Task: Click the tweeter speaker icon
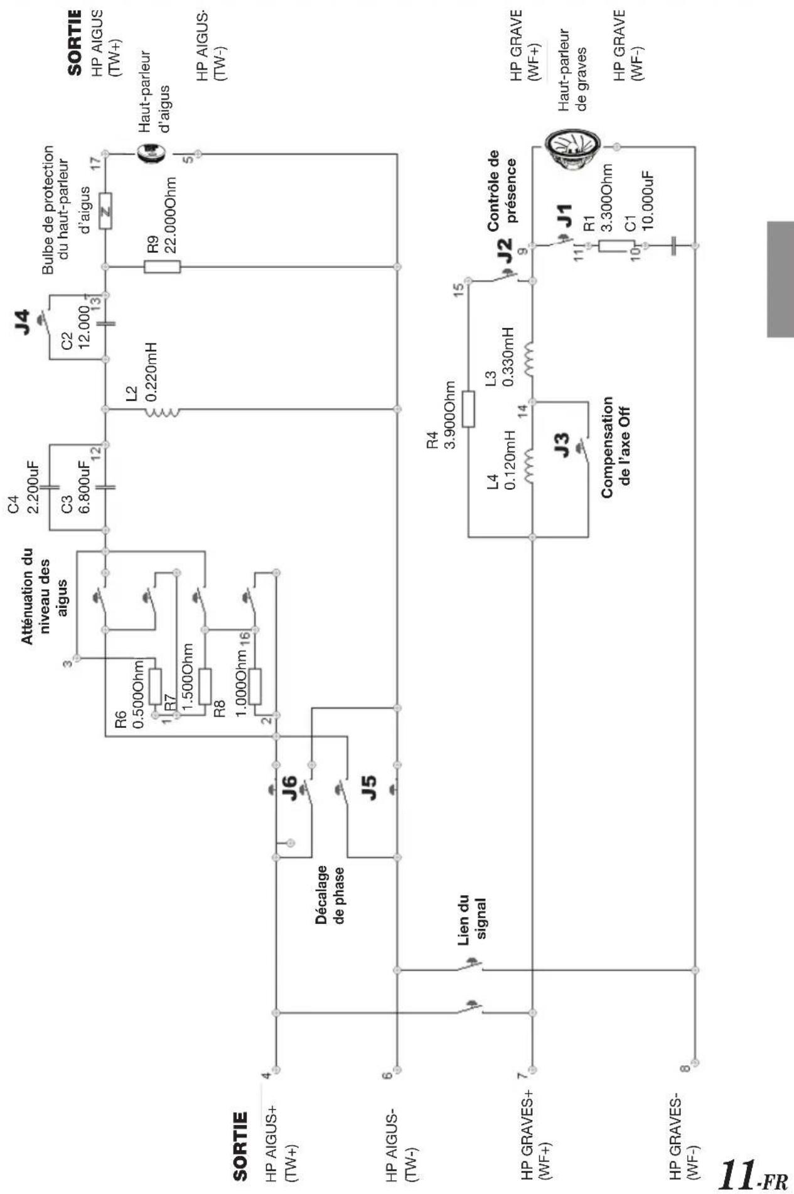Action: tap(151, 153)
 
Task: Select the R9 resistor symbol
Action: tap(163, 267)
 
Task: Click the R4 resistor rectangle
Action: tap(468, 410)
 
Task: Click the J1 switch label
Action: tap(564, 215)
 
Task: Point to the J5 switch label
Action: tap(370, 788)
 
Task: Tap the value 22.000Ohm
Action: tap(168, 214)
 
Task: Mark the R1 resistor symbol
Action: tap(616, 246)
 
